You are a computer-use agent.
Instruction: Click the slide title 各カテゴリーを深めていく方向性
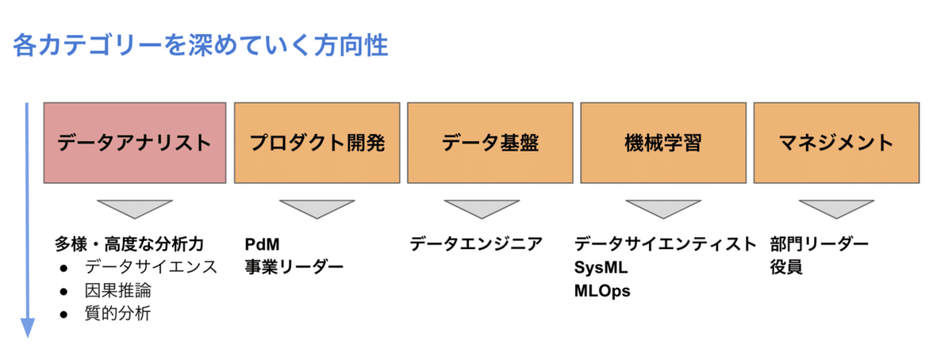click(200, 45)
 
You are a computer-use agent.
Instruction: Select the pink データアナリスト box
click(134, 143)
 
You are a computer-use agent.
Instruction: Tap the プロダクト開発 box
click(317, 143)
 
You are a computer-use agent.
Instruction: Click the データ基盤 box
click(489, 143)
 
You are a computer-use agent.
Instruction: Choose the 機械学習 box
click(663, 143)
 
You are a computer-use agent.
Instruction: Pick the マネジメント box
click(836, 143)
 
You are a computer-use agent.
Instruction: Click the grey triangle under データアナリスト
click(134, 208)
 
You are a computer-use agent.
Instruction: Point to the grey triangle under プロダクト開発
click(317, 208)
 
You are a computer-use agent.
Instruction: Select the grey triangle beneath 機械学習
click(663, 208)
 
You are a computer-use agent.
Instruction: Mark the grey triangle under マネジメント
click(836, 208)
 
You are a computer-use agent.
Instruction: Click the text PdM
click(263, 243)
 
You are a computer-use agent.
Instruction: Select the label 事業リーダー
click(294, 267)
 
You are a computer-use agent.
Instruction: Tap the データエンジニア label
click(476, 243)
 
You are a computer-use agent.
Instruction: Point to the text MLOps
click(602, 291)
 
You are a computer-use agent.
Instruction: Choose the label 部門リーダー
click(820, 243)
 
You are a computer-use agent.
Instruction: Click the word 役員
click(785, 267)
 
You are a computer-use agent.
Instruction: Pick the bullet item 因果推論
click(117, 290)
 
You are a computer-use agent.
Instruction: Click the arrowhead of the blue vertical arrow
click(28, 327)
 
